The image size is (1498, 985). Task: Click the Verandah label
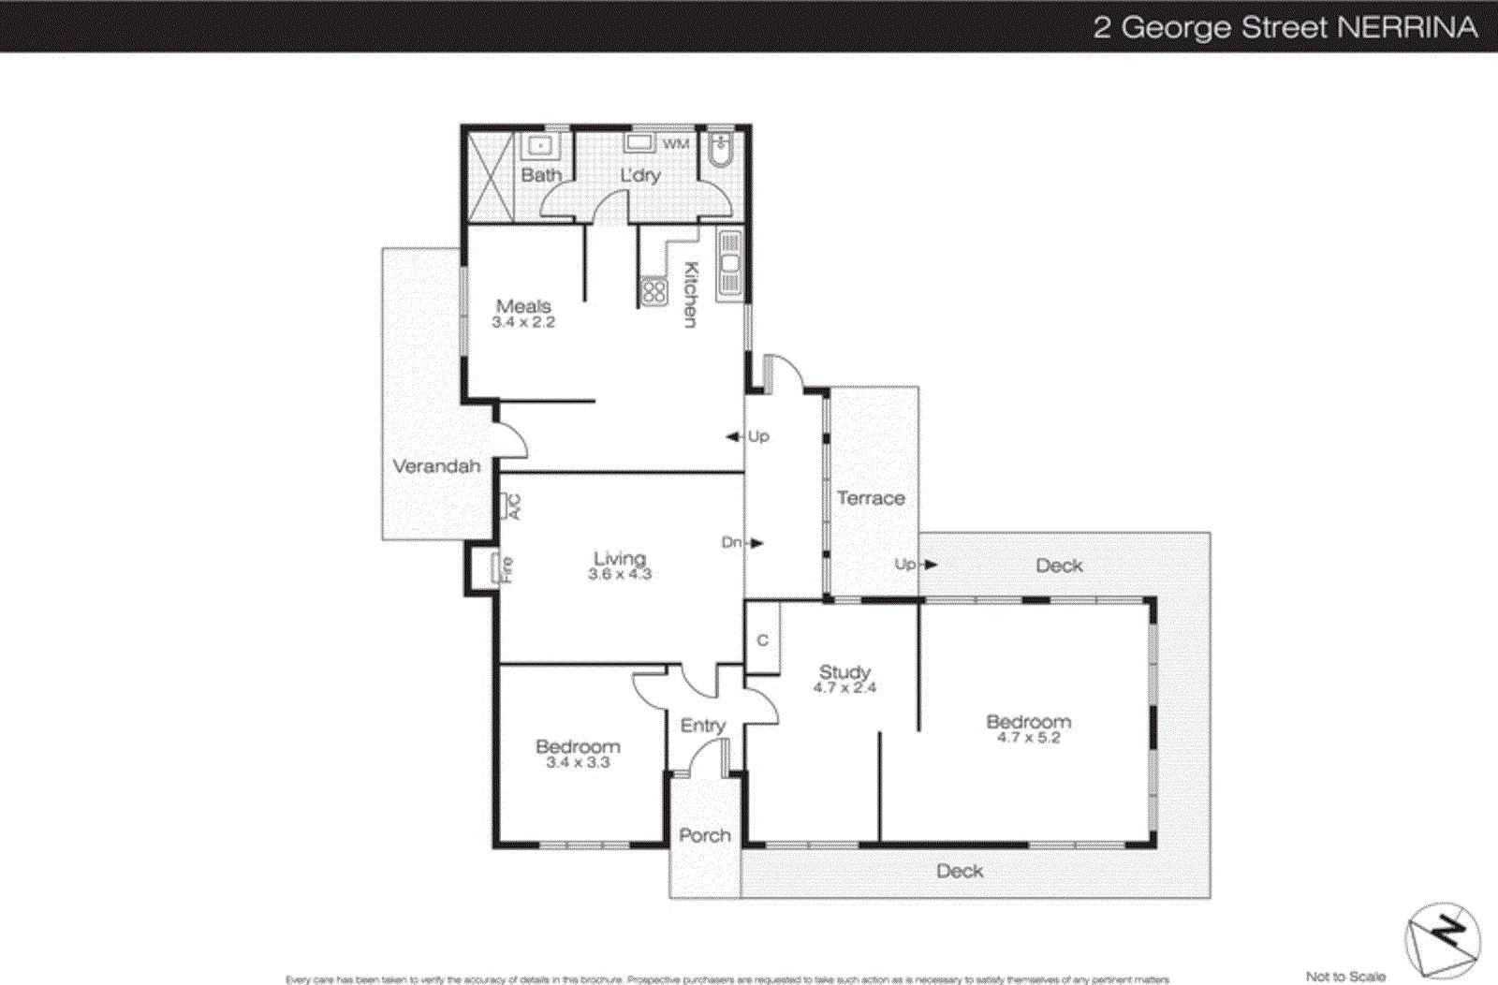(x=436, y=466)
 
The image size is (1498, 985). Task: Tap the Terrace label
(x=871, y=498)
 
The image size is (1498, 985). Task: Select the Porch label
(x=705, y=835)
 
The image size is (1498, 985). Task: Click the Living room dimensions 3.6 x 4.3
(x=620, y=574)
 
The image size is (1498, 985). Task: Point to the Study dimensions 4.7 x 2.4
(x=844, y=688)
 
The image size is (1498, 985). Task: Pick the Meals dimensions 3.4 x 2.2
(x=523, y=322)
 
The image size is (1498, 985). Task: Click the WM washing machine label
(x=676, y=144)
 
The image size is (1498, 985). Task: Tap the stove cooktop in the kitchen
(x=654, y=292)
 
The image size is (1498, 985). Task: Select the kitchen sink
(x=729, y=264)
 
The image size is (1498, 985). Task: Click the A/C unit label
(x=513, y=507)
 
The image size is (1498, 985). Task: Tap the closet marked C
(x=762, y=640)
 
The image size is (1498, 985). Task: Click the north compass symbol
(x=1443, y=939)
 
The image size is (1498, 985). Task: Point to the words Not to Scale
(x=1345, y=977)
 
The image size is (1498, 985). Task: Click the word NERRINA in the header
(x=1407, y=27)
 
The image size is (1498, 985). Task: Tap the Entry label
(x=703, y=726)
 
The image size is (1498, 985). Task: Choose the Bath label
(x=541, y=175)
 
